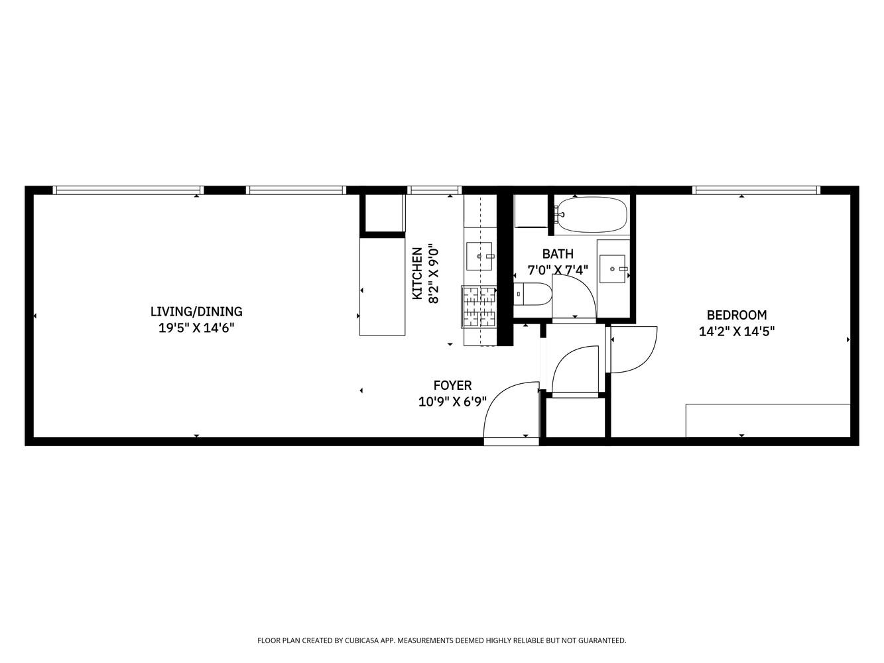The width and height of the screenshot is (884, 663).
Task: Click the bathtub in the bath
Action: [x=592, y=215]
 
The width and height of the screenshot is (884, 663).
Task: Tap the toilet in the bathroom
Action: [x=535, y=294]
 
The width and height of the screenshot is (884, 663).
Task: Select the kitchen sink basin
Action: [x=480, y=257]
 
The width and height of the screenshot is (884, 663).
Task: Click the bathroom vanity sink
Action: [x=612, y=269]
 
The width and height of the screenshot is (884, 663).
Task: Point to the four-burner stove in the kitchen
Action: [x=479, y=306]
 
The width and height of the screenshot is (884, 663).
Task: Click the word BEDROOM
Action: [x=736, y=316]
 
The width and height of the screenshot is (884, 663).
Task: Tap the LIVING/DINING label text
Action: [x=196, y=312]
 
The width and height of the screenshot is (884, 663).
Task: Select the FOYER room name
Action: [x=452, y=385]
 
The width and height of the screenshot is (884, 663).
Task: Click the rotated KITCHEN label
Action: [x=418, y=273]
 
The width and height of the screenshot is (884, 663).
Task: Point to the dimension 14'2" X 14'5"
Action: [x=736, y=331]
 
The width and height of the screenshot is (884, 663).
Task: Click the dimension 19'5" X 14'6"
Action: [x=196, y=328]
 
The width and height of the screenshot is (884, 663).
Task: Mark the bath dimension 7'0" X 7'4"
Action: [x=557, y=270]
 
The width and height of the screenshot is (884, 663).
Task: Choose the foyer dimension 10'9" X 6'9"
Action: [x=452, y=401]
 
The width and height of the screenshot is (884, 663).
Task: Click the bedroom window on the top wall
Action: [x=756, y=190]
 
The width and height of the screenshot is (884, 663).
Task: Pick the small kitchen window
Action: [x=434, y=190]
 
